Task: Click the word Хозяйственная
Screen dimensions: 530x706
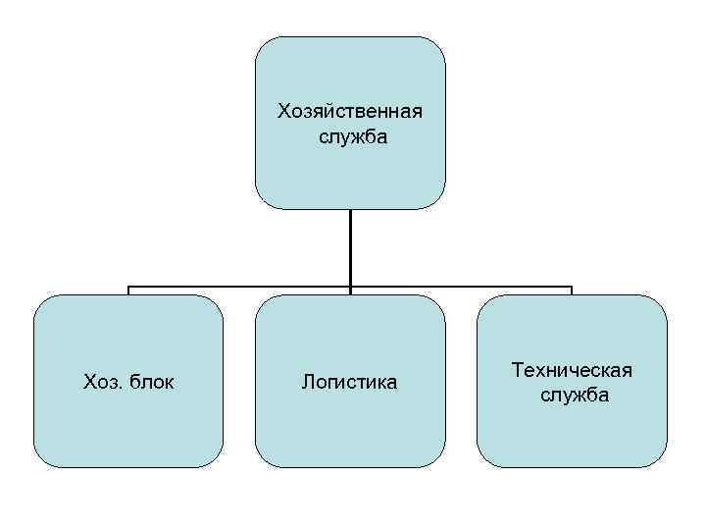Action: click(350, 110)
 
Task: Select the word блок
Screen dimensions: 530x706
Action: click(152, 382)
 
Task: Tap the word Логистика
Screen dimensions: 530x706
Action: click(350, 382)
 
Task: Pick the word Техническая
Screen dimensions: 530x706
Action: click(573, 370)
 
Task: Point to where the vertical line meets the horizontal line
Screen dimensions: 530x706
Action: click(350, 288)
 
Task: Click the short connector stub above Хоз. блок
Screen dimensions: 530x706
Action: click(128, 291)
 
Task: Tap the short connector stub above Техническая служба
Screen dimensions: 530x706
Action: click(572, 291)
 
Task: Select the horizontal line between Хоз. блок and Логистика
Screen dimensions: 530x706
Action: click(240, 288)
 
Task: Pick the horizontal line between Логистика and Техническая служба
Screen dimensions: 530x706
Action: click(461, 288)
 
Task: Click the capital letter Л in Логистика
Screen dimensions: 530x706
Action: click(307, 382)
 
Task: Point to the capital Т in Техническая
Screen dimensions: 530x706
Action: click(517, 370)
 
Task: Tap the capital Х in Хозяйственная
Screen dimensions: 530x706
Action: click(283, 110)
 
